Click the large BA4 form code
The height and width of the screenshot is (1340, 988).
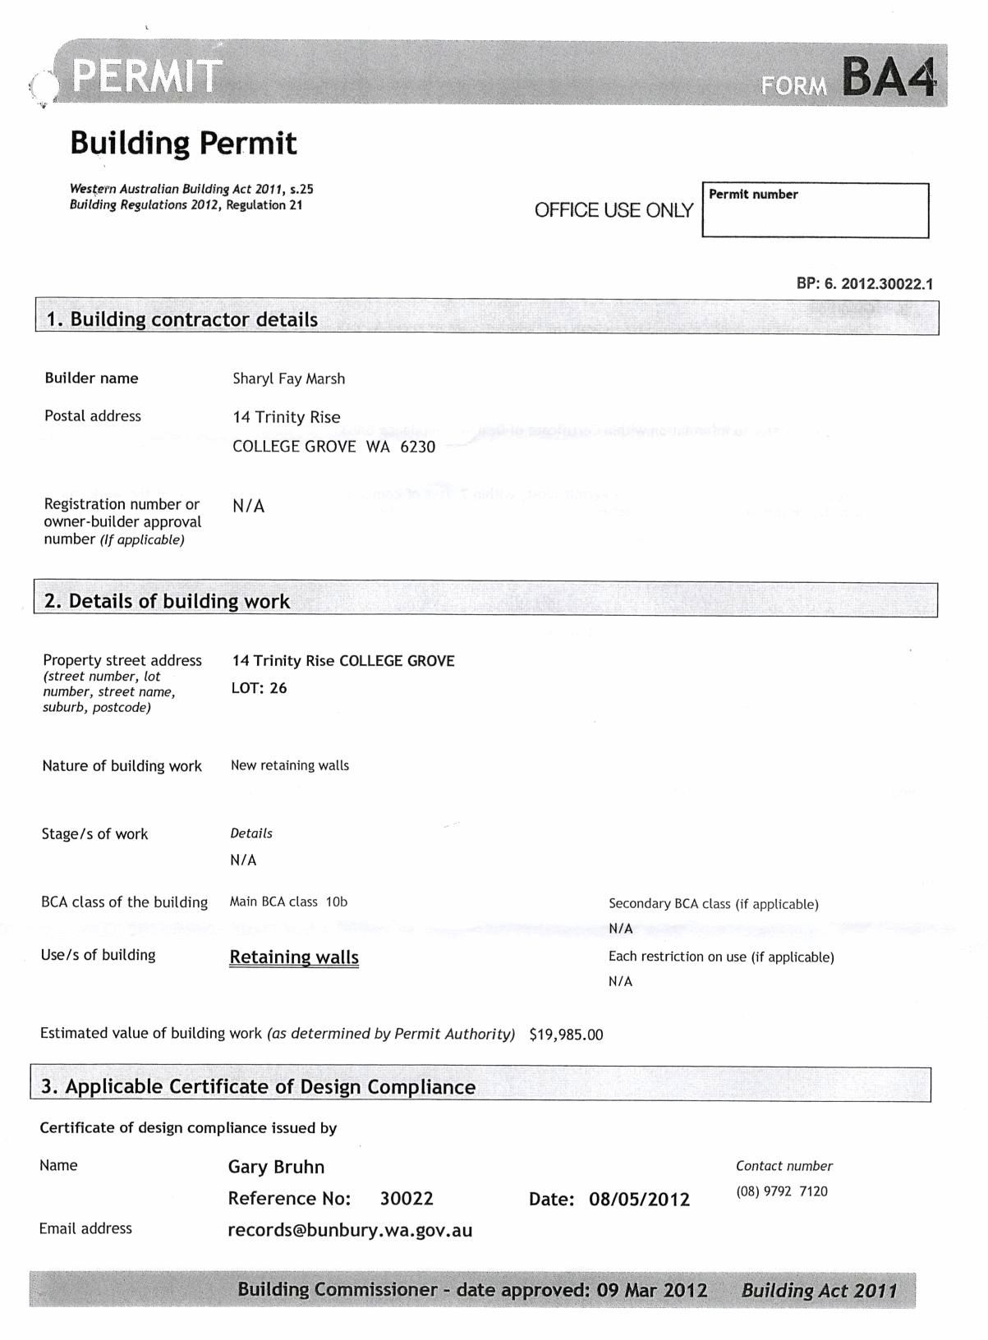(x=889, y=77)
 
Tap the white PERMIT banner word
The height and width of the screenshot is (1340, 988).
(x=147, y=76)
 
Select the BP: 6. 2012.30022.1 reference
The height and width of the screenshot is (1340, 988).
(x=864, y=284)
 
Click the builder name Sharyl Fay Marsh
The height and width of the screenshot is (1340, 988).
(x=288, y=379)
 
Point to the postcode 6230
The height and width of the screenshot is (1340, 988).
(x=417, y=447)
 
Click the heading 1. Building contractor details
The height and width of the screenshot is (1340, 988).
(x=182, y=319)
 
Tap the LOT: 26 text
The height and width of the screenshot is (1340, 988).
(x=259, y=688)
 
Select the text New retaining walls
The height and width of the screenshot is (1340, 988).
(x=289, y=765)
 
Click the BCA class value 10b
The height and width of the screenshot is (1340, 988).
(x=337, y=902)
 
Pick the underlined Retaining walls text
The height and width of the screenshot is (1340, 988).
(x=294, y=957)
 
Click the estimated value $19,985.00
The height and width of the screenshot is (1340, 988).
(x=566, y=1035)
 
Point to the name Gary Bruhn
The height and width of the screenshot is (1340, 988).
(x=276, y=1167)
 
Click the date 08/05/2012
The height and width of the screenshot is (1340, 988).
(x=639, y=1199)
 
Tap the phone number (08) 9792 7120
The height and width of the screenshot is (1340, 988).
(x=781, y=1191)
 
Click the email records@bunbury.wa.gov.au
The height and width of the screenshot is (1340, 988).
(x=350, y=1230)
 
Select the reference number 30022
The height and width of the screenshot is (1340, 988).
(x=407, y=1198)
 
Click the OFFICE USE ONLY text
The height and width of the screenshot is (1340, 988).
(x=613, y=210)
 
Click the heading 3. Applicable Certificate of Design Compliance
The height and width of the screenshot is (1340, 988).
(x=258, y=1086)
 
